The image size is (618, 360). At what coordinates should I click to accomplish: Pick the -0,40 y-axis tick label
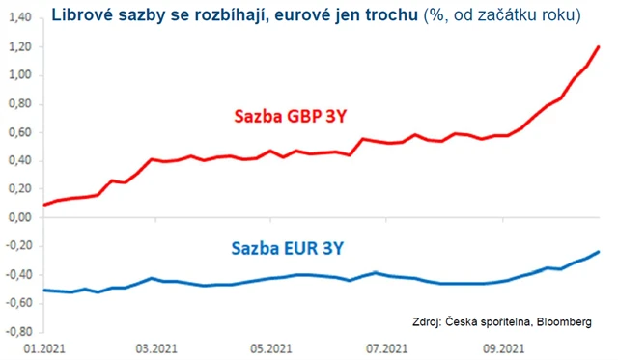[15, 275]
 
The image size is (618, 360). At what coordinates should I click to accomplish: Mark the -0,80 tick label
[15, 332]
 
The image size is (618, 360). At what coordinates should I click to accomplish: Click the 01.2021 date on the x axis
[43, 348]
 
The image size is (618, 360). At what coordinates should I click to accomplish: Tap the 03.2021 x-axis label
[155, 348]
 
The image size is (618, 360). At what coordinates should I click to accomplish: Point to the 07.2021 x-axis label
[383, 348]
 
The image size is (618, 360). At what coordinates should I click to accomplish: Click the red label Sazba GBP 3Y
[290, 117]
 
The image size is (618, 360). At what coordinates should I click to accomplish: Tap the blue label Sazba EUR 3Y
[289, 248]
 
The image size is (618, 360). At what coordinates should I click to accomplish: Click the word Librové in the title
[84, 16]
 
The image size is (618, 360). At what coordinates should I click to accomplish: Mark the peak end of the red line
[599, 46]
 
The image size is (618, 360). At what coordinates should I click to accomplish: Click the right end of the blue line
[599, 252]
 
